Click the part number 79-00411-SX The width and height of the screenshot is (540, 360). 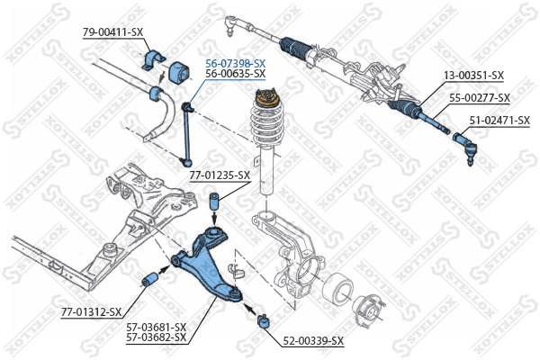112,31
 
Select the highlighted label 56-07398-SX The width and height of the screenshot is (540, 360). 235,63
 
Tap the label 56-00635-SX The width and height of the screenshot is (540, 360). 235,75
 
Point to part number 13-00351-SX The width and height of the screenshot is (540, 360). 473,77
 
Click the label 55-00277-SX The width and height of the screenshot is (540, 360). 480,97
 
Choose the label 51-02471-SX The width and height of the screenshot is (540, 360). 499,119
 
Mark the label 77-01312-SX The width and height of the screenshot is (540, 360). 91,311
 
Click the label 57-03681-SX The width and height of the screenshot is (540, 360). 156,327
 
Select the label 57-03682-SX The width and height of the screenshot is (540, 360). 156,337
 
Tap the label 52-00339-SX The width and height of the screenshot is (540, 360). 313,340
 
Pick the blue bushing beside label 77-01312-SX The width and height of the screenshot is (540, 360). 153,285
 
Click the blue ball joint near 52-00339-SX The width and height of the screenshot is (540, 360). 265,320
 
